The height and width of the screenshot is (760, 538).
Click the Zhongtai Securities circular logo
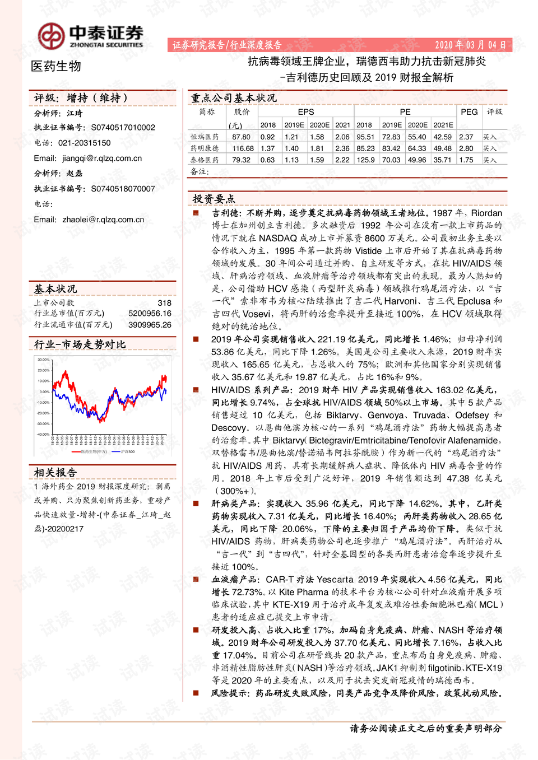(x=51, y=36)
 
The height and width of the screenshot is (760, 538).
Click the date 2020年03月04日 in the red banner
(x=470, y=45)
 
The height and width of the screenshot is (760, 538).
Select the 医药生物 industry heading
(x=56, y=67)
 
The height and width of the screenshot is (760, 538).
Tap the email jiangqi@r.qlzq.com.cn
(x=102, y=158)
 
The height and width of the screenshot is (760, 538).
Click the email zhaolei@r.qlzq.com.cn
(x=103, y=220)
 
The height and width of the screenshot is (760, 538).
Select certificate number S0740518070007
(x=123, y=189)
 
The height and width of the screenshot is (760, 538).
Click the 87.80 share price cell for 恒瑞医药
(x=241, y=137)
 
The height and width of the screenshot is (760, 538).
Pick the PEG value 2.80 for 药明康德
(x=466, y=148)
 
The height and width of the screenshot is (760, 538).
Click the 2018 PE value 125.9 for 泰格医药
(x=365, y=160)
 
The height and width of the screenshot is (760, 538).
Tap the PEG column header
(x=469, y=112)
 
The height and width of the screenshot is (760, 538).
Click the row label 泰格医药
(x=205, y=160)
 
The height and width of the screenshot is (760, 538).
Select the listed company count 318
(x=164, y=303)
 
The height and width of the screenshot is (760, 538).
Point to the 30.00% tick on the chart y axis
(x=43, y=360)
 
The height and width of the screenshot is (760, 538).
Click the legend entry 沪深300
(x=127, y=451)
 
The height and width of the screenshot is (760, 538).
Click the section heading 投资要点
(x=214, y=199)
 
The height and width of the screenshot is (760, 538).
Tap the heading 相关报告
(x=55, y=473)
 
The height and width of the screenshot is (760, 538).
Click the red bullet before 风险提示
(x=196, y=693)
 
